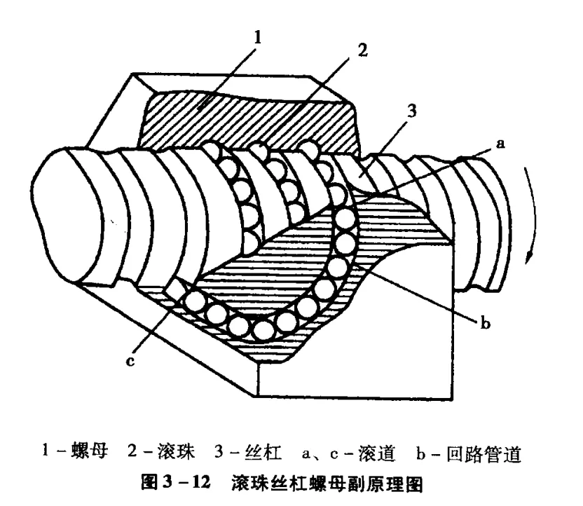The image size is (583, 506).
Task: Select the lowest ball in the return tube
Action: pos(263,329)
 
